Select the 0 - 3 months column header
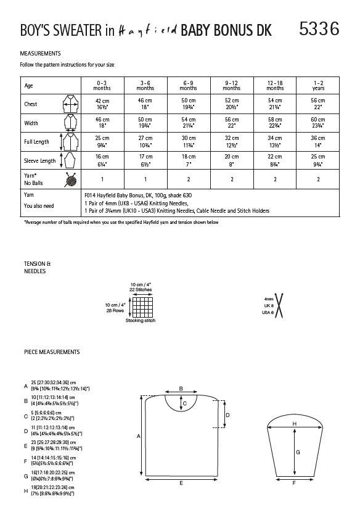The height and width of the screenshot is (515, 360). pyautogui.click(x=102, y=85)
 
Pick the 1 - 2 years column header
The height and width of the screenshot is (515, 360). pyautogui.click(x=317, y=85)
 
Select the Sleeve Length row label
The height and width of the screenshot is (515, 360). pyautogui.click(x=39, y=161)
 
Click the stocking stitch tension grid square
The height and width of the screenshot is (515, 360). pyautogui.click(x=141, y=307)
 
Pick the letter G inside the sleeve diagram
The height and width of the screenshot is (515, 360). pyautogui.click(x=298, y=451)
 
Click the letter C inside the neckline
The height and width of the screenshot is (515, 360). pyautogui.click(x=186, y=403)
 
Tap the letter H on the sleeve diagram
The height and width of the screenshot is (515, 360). pyautogui.click(x=295, y=424)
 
